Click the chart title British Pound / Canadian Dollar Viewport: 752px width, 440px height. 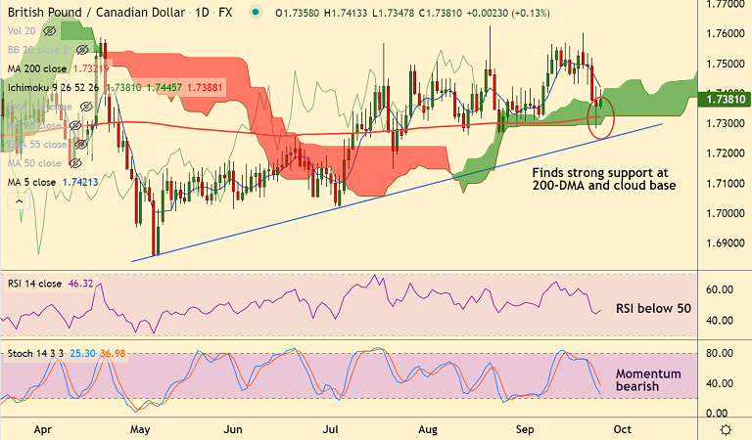pyautogui.click(x=94, y=12)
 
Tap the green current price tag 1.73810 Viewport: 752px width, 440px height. pyautogui.click(x=726, y=98)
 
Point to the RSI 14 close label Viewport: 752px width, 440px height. pyautogui.click(x=35, y=284)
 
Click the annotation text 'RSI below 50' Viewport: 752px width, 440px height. pyautogui.click(x=652, y=308)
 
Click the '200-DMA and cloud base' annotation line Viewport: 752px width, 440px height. pyautogui.click(x=603, y=185)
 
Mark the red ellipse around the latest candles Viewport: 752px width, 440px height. pyautogui.click(x=599, y=117)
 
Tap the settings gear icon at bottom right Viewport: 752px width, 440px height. pyautogui.click(x=726, y=428)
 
